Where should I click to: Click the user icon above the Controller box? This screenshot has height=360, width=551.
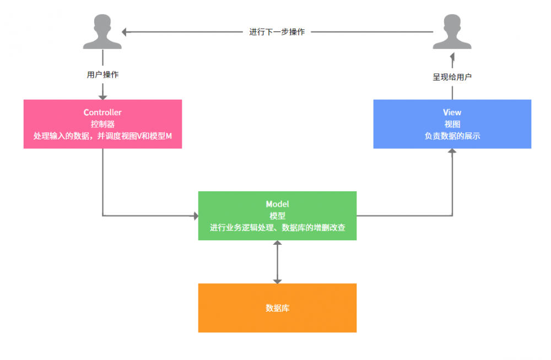(x=102, y=31)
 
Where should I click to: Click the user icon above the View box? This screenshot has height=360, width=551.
(x=452, y=31)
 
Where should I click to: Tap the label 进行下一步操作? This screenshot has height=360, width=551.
(x=277, y=32)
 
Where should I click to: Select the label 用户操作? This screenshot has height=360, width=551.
(x=102, y=74)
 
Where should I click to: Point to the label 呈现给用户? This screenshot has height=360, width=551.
(x=452, y=77)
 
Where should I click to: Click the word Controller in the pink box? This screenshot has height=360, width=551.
(x=102, y=112)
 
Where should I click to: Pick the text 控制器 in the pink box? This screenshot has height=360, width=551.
(x=102, y=124)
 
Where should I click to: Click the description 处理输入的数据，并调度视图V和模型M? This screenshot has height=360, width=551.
(x=102, y=136)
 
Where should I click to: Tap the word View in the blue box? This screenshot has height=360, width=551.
(x=452, y=112)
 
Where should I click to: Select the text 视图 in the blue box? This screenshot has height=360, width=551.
(x=452, y=124)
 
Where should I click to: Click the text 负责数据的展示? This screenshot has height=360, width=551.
(x=452, y=136)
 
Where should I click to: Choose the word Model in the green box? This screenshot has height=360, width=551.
(x=277, y=204)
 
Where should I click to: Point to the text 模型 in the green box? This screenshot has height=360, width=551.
(x=277, y=216)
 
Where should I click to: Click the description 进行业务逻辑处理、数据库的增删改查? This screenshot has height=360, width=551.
(x=277, y=227)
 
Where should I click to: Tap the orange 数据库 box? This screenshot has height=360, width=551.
(x=277, y=308)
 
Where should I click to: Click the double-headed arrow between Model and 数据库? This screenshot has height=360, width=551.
(x=277, y=262)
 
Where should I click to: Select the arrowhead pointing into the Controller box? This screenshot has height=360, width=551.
(x=102, y=96)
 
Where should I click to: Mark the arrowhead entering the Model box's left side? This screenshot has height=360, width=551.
(x=195, y=216)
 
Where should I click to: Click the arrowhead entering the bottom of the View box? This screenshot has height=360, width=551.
(x=452, y=152)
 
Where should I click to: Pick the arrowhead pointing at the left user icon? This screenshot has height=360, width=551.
(x=125, y=32)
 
